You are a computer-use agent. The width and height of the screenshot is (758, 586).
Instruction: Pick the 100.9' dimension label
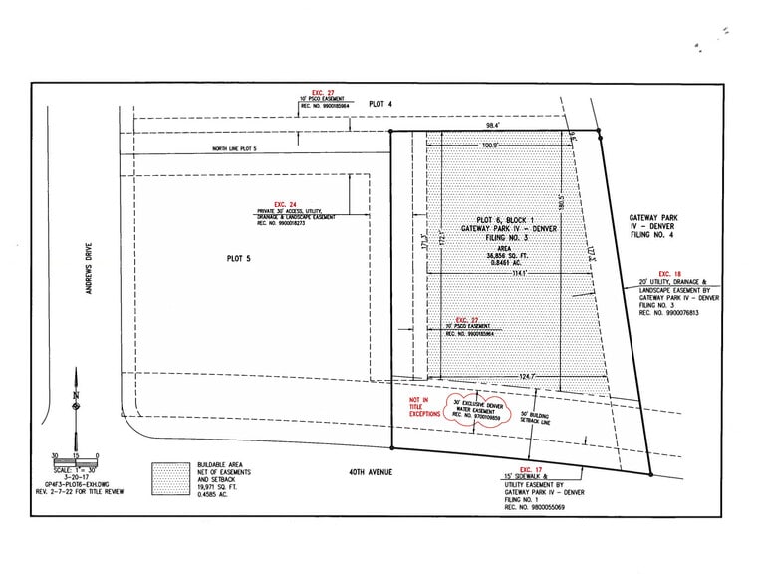click(489, 146)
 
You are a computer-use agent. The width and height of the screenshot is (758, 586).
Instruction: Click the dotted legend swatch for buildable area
click(170, 478)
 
